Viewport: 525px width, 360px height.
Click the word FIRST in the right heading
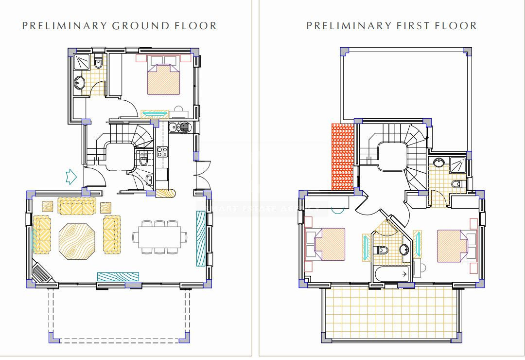[412, 26]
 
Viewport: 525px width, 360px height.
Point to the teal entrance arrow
[70, 177]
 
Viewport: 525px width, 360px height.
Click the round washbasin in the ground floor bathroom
[79, 83]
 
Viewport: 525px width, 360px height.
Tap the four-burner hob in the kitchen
[162, 151]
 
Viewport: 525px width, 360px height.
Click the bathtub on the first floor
[393, 275]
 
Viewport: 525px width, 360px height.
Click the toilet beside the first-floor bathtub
[382, 250]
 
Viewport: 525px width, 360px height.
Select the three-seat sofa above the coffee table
[77, 206]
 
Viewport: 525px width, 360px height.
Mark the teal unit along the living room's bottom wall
[118, 276]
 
